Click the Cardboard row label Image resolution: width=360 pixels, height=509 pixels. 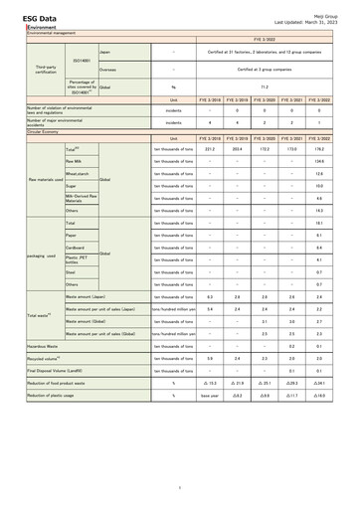[75, 248]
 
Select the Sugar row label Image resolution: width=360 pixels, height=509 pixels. [71, 186]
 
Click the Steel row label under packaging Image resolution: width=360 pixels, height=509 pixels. [70, 271]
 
